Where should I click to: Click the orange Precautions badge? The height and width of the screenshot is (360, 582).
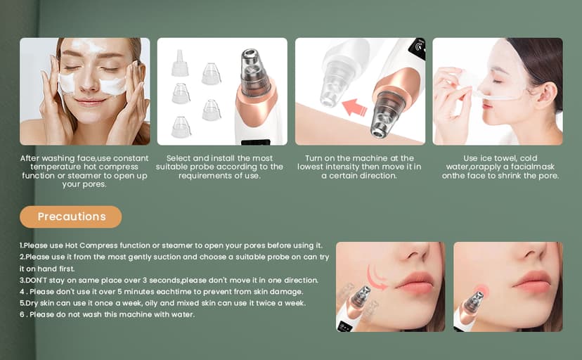[x=70, y=217]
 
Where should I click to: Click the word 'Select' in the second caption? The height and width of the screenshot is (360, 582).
[x=181, y=158]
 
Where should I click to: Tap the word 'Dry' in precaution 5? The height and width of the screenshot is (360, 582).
[x=34, y=303]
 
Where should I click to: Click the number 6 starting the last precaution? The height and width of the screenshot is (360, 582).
[x=22, y=314]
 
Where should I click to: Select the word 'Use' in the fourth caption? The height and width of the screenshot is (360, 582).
[x=472, y=158]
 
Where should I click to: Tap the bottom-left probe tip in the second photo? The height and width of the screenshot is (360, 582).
[x=181, y=127]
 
